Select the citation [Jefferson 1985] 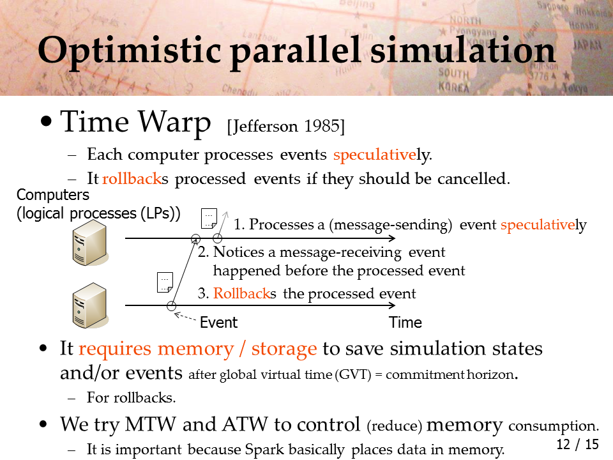pos(286,126)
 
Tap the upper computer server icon pos(89,243)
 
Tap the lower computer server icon pos(89,305)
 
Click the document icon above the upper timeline pos(209,218)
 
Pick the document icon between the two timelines pos(165,282)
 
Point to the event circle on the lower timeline pos(171,306)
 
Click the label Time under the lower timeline pos(405,322)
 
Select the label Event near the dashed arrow pos(218,322)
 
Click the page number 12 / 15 pos(577,444)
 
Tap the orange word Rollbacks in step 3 pos(245,293)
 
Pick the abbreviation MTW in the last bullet pos(151,424)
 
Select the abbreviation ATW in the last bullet pos(245,424)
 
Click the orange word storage pos(284,349)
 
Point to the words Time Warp pos(135,122)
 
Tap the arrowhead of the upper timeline pos(393,238)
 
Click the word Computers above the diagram pos(53,195)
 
